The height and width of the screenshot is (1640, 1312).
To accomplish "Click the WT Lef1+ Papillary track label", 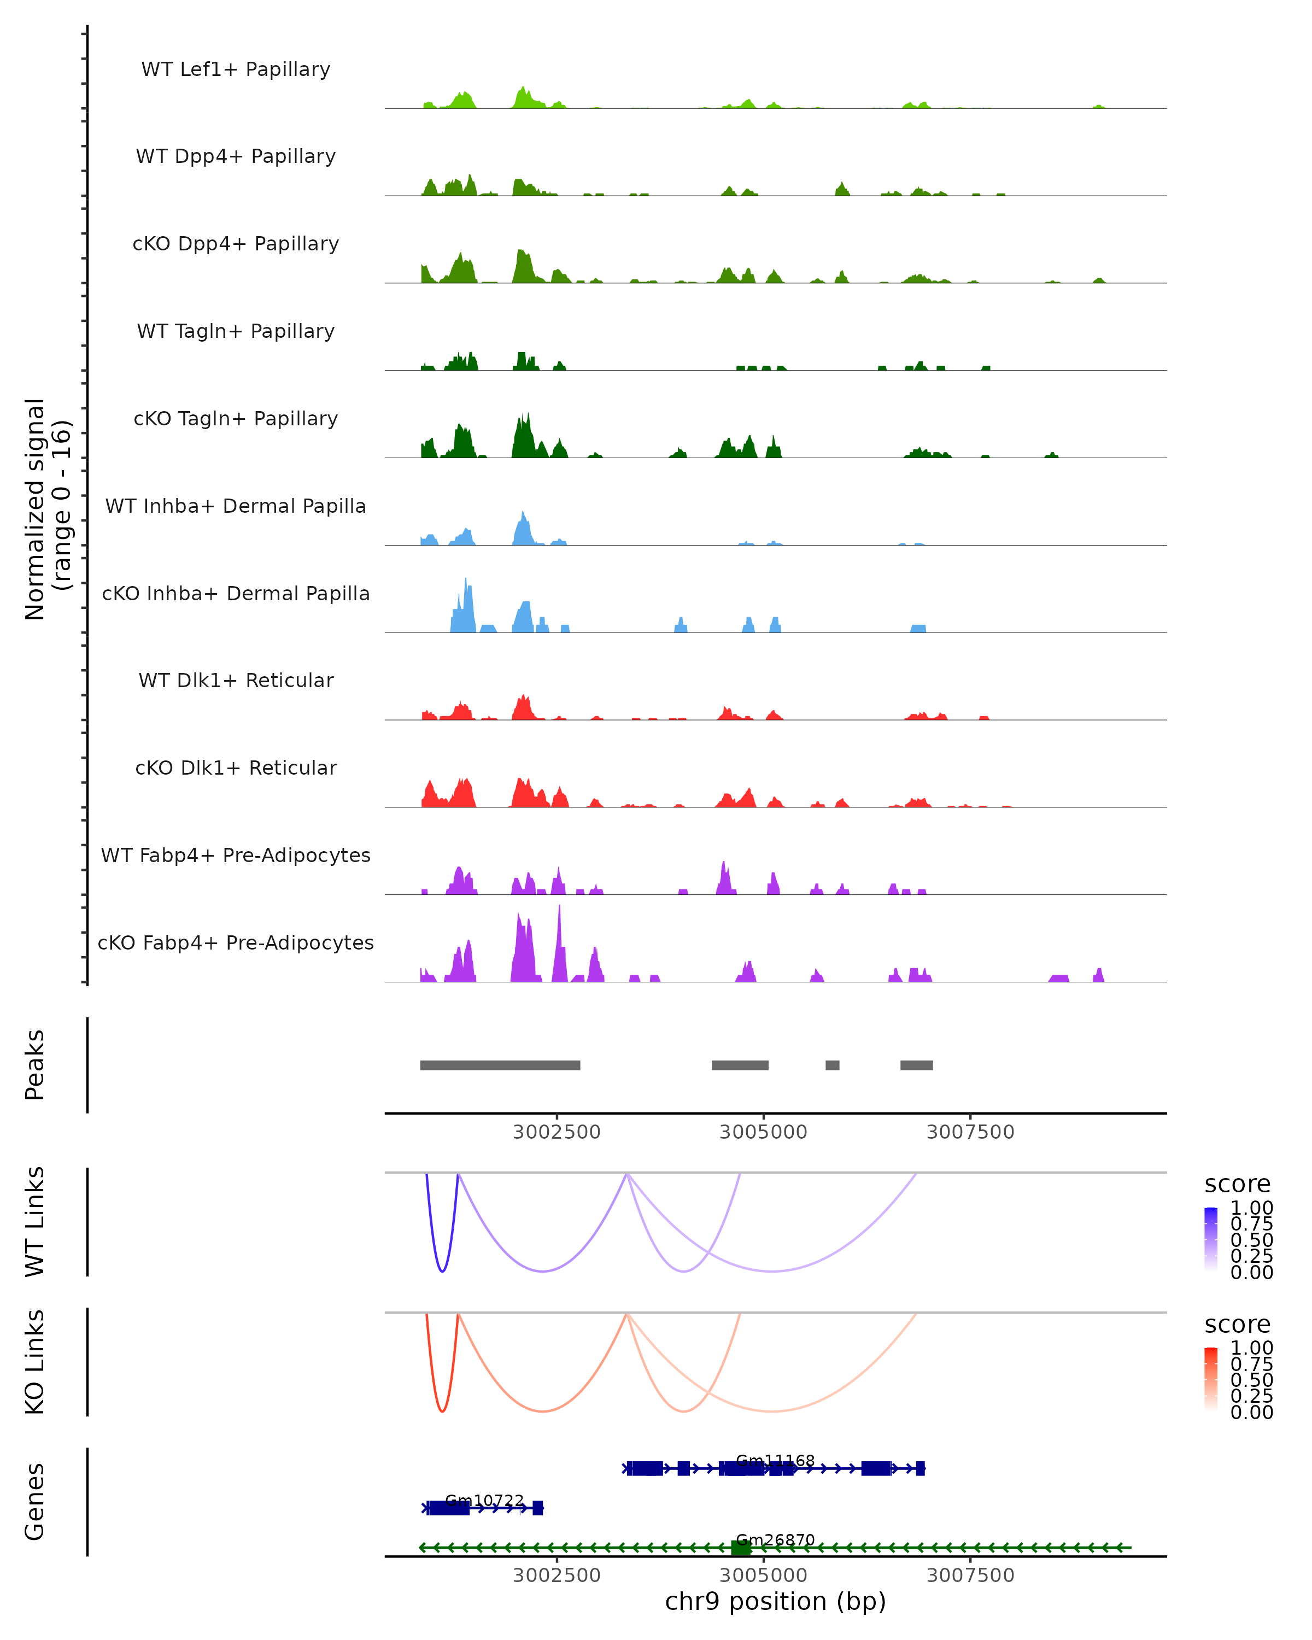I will click(x=236, y=69).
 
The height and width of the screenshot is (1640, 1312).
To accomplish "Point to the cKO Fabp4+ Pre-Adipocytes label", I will click(x=236, y=942).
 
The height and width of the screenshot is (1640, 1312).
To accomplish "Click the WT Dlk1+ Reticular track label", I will click(x=236, y=680).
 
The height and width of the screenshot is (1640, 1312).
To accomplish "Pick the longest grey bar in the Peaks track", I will click(x=500, y=1065).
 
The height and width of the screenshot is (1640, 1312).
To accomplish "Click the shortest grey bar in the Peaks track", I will click(x=832, y=1065).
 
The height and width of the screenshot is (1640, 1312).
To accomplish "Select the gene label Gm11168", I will click(x=775, y=1461).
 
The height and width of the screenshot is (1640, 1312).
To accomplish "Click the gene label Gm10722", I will click(x=484, y=1501).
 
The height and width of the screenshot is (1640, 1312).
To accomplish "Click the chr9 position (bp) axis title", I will click(x=775, y=1601).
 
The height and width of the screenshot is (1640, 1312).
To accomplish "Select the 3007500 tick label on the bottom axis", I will click(x=970, y=1574).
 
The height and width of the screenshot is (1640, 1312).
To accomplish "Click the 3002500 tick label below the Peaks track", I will click(x=557, y=1132).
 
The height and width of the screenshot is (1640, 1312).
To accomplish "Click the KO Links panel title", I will click(x=35, y=1362).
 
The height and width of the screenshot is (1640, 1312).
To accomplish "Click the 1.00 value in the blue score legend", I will click(x=1251, y=1208).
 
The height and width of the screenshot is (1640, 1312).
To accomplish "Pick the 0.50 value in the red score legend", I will click(x=1251, y=1380).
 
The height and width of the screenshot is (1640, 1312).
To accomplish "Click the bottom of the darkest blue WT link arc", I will click(x=442, y=1271).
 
